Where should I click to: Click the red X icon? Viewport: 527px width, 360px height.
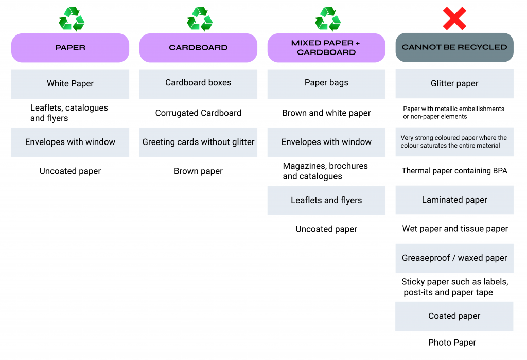point(454,19)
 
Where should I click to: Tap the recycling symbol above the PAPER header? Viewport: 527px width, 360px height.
point(71,19)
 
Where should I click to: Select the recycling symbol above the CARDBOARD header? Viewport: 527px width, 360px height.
point(199,19)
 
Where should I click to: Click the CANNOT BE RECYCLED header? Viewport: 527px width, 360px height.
point(454,47)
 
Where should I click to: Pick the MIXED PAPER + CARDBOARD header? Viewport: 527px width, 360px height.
point(326,47)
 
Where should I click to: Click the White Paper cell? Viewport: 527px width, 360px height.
point(70,84)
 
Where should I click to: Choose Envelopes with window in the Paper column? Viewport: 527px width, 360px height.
point(70,142)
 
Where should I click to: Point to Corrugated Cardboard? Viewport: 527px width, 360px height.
point(198,113)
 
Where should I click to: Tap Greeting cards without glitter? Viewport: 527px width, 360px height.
point(198,142)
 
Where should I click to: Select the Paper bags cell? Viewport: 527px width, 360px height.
point(326,83)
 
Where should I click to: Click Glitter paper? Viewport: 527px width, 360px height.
point(454,84)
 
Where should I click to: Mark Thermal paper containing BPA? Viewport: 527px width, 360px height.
point(454,171)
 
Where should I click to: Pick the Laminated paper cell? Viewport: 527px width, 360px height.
point(454,200)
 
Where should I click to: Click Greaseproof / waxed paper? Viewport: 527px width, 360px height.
point(454,258)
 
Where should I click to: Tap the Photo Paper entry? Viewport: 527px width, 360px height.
point(452,343)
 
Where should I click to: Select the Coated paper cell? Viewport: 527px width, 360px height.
point(454,316)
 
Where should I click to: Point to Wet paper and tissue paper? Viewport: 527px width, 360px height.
point(455,229)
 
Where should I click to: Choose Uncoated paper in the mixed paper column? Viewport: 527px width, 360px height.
point(326,229)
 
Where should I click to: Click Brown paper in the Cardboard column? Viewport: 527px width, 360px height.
point(198,171)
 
